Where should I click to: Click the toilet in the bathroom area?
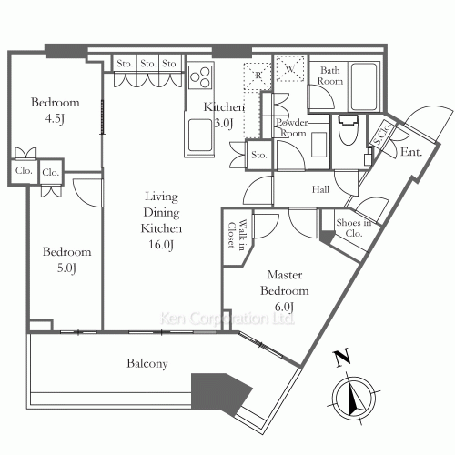point(349,130)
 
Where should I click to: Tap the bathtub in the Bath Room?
point(364,86)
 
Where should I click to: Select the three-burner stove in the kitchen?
point(199,77)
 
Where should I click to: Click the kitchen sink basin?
point(199,136)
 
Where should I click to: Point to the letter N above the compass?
point(342,358)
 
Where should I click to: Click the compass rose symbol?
point(354,398)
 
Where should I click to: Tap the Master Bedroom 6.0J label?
point(285,290)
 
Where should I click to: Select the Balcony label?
point(147,363)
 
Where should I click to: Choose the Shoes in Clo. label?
point(354,227)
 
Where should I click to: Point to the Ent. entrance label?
point(411,152)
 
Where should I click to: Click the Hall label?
point(320,189)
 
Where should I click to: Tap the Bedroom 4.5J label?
point(55,110)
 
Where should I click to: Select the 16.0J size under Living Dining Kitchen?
point(161,245)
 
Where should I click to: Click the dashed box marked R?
point(258,77)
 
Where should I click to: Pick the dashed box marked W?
point(290,68)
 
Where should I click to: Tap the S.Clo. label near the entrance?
point(381,135)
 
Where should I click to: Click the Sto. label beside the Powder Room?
point(259,155)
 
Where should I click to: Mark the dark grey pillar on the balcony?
point(221,394)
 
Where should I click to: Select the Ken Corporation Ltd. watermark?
point(227,318)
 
